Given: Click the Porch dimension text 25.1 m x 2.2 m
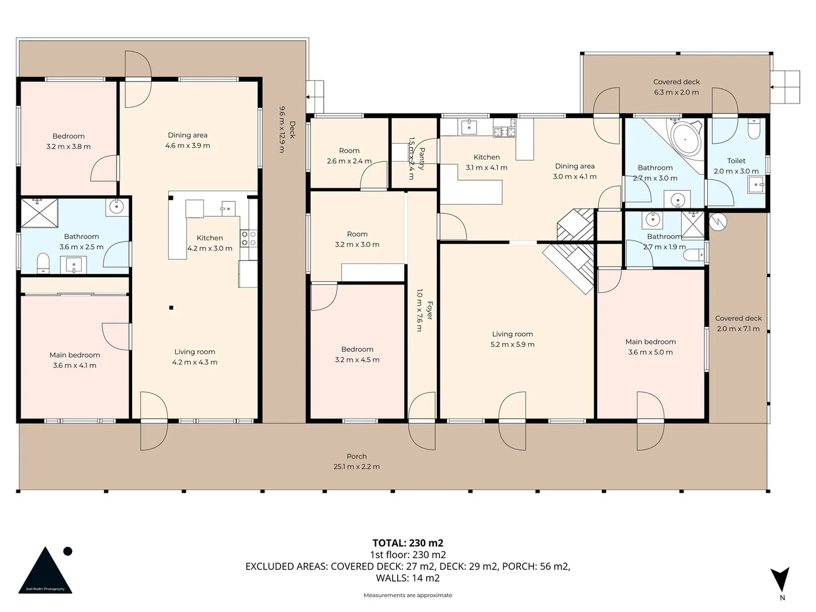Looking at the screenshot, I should point(356,466).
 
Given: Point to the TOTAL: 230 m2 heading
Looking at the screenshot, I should point(407,543).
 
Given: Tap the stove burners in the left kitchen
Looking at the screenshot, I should point(248,238).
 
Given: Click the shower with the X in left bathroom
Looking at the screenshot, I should point(39,212).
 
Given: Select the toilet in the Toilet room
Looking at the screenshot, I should point(753,130).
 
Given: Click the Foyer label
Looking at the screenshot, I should point(430,310).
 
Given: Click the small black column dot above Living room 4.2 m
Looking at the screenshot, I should point(171,308).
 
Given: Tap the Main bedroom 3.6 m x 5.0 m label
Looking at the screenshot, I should point(651,347).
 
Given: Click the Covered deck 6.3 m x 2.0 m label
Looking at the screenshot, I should point(676,87).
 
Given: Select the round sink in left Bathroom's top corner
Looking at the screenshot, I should point(116,207).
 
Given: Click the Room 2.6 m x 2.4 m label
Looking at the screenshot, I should point(349,156).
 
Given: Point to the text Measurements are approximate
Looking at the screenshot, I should point(407,595).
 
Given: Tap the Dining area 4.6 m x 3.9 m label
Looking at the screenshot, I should point(188,140).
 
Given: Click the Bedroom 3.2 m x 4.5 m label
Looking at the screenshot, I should point(357,354).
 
